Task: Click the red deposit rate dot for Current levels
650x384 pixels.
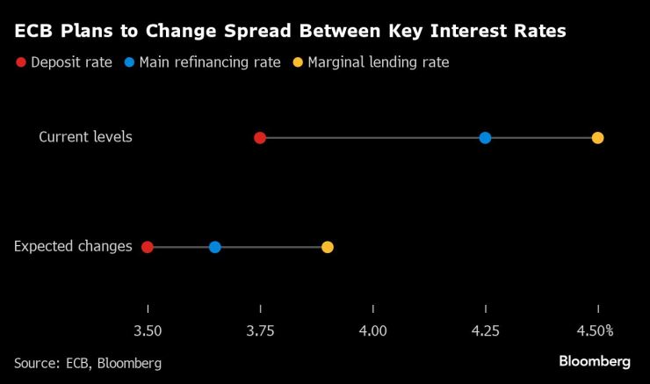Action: point(260,138)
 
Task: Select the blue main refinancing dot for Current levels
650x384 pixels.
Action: point(485,138)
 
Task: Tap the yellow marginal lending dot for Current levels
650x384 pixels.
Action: point(597,138)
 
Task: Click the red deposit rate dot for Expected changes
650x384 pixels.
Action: point(148,247)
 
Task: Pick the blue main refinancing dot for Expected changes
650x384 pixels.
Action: point(215,247)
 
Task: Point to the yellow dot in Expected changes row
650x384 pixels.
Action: point(328,247)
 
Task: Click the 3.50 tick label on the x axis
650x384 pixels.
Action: point(148,331)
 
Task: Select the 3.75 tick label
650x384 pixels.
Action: point(260,331)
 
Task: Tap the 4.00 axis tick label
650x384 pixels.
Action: point(373,331)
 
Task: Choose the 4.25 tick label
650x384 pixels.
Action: point(486,331)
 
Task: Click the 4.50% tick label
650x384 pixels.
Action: point(596,331)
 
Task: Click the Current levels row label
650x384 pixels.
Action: point(85,137)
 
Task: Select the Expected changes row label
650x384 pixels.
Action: point(73,247)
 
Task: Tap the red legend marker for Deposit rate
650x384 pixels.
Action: point(21,62)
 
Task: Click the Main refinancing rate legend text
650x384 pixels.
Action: point(209,62)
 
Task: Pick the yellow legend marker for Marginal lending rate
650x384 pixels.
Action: point(299,62)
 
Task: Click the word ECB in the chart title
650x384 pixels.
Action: point(33,32)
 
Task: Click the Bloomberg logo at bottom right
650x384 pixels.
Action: point(595,361)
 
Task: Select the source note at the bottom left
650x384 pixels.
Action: point(88,363)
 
